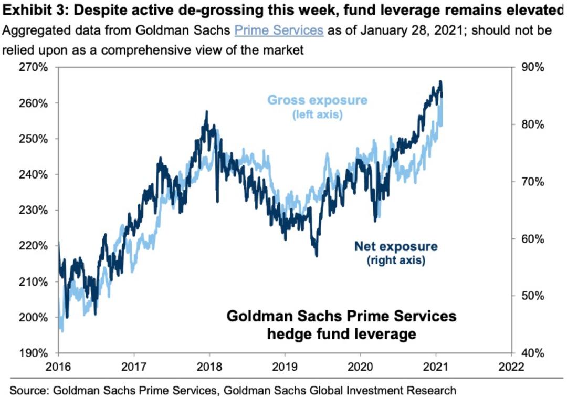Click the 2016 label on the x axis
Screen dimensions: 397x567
[x=58, y=366]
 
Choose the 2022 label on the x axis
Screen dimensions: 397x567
[x=510, y=366]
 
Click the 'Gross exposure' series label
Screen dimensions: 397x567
[x=318, y=100]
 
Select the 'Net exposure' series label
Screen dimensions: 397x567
[x=396, y=246]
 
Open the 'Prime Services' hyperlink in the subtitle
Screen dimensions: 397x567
[x=279, y=30]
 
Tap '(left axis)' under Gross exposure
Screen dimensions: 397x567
[x=318, y=114]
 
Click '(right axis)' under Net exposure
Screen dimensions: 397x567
[x=396, y=259]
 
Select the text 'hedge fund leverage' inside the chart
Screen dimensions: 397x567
[x=341, y=333]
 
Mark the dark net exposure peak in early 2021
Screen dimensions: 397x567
[x=440, y=82]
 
